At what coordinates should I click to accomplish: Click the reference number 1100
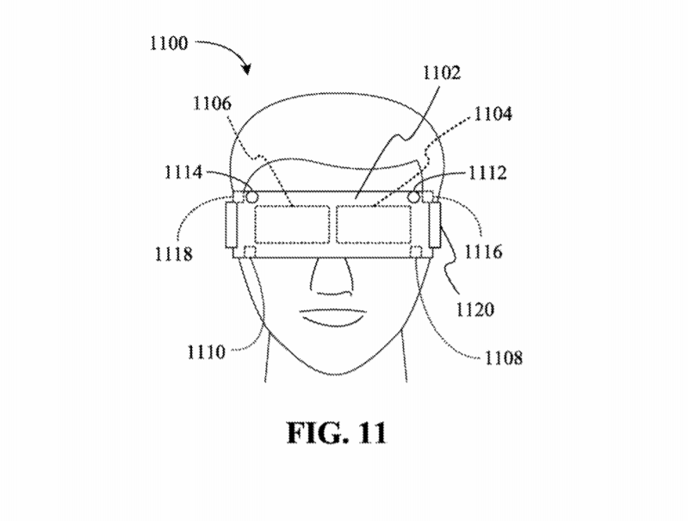(169, 43)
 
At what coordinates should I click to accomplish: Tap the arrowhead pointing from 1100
(247, 69)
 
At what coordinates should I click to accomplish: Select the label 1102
(442, 72)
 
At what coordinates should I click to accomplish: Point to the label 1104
(493, 114)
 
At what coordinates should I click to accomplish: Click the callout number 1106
(213, 103)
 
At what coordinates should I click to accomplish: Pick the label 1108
(504, 358)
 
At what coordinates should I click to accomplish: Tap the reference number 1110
(206, 352)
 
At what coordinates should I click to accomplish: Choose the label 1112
(488, 173)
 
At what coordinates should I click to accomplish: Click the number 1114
(183, 172)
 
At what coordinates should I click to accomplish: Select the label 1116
(483, 252)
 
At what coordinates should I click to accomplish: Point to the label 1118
(174, 254)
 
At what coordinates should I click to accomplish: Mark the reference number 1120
(475, 310)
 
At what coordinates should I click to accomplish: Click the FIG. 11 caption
(337, 433)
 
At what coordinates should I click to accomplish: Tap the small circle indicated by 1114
(251, 197)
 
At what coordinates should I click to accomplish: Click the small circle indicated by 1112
(413, 197)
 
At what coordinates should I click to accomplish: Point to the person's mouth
(333, 317)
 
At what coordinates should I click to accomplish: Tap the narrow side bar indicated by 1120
(434, 224)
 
